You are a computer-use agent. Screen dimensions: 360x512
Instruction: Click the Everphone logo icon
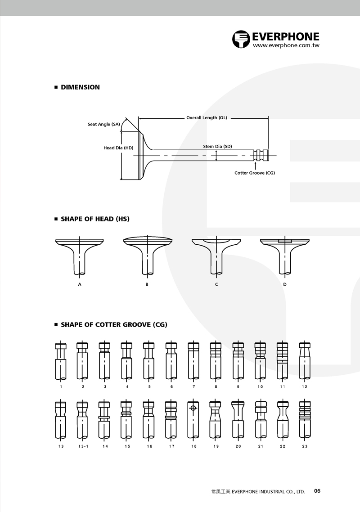241,39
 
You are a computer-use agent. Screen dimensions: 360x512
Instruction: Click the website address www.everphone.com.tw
286,45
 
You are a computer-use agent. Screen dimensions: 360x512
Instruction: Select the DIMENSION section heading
81,87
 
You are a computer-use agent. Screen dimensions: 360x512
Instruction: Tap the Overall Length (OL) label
207,117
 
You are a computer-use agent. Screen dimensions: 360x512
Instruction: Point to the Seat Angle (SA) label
103,124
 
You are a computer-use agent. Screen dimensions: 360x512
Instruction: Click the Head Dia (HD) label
118,148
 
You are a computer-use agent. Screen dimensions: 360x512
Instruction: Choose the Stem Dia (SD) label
217,146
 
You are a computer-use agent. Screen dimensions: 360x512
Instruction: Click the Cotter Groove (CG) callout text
255,173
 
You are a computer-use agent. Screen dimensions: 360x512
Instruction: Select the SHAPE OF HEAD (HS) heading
95,219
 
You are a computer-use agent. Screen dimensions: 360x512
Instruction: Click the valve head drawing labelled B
148,255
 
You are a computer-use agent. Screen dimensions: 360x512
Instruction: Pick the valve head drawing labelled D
284,255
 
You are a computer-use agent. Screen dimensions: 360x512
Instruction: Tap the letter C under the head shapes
216,284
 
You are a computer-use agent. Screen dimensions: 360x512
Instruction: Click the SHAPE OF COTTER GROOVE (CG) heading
114,324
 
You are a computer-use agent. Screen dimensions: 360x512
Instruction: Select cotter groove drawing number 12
305,360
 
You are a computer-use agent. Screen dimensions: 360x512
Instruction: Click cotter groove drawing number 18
193,420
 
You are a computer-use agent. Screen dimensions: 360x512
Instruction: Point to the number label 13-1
83,446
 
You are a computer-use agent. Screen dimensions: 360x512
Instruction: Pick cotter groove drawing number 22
283,420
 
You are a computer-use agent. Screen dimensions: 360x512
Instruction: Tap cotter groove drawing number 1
61,360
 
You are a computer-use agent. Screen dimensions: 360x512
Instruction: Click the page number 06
317,490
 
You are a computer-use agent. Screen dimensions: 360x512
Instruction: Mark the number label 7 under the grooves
193,386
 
